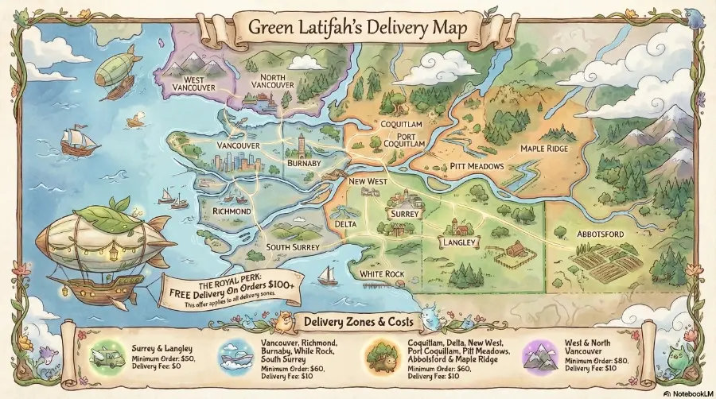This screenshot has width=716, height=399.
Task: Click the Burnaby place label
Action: pyautogui.click(x=303, y=163)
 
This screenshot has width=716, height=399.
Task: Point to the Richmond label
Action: pyautogui.click(x=232, y=211)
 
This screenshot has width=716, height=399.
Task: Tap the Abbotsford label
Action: pyautogui.click(x=599, y=234)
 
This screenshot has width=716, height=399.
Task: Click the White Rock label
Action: pyautogui.click(x=383, y=273)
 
